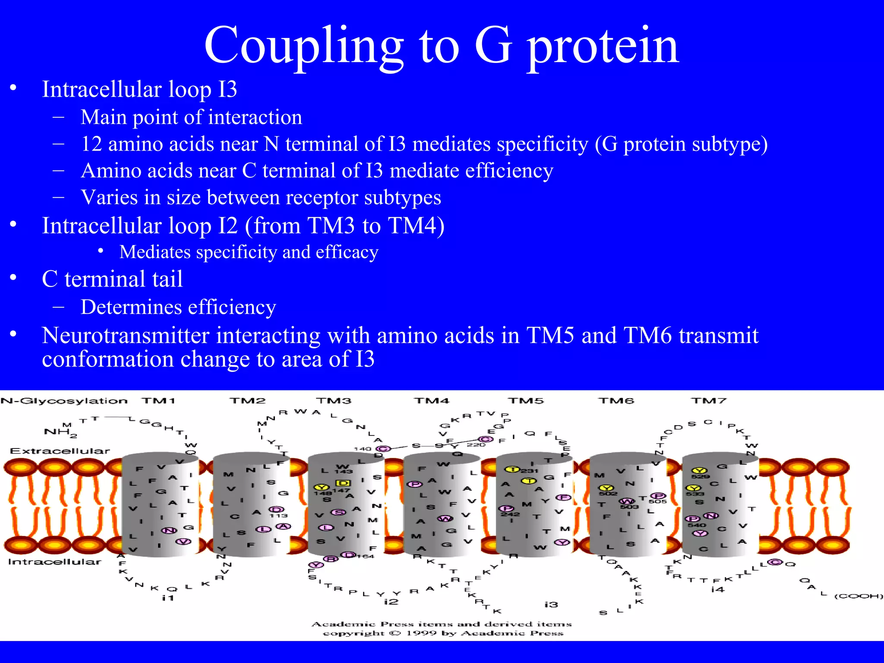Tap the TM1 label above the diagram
(x=158, y=401)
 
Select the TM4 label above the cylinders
(x=431, y=401)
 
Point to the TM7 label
(x=709, y=401)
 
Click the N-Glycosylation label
(x=64, y=401)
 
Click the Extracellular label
(x=60, y=451)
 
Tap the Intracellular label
(x=54, y=562)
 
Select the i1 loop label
(x=168, y=598)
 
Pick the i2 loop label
(x=391, y=601)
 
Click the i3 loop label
(x=551, y=605)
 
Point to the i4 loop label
(x=717, y=589)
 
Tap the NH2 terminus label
(x=60, y=432)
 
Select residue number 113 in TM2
(x=278, y=515)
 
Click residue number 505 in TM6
(x=657, y=502)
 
